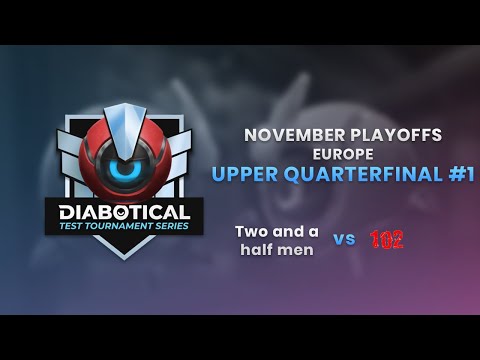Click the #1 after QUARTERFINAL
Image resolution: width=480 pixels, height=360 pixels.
pyautogui.click(x=458, y=174)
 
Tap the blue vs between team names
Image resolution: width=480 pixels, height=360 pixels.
pyautogui.click(x=344, y=239)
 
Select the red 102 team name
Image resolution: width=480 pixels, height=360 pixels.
pyautogui.click(x=386, y=239)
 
